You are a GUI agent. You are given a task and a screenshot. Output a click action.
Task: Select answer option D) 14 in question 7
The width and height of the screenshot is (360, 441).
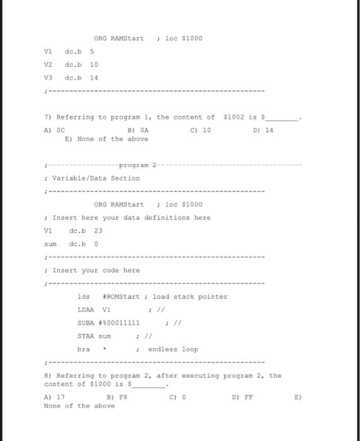point(264,130)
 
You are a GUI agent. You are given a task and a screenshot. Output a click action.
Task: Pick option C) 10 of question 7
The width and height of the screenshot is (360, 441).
point(200,130)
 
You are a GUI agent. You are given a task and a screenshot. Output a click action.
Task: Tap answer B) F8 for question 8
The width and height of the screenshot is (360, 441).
point(116,398)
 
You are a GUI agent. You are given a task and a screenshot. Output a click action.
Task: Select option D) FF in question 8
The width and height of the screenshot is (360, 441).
point(244,398)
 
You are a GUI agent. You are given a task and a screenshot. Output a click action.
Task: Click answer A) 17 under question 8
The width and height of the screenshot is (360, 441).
point(54,398)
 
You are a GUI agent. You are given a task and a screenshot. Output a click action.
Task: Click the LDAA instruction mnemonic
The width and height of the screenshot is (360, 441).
point(86,309)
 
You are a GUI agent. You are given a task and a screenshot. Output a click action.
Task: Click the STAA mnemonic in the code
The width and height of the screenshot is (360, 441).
point(86,336)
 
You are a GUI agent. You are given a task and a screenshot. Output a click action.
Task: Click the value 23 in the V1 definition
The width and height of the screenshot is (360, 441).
point(98,231)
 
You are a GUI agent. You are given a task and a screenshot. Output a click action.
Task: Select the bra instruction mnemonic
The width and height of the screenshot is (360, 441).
point(83,349)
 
